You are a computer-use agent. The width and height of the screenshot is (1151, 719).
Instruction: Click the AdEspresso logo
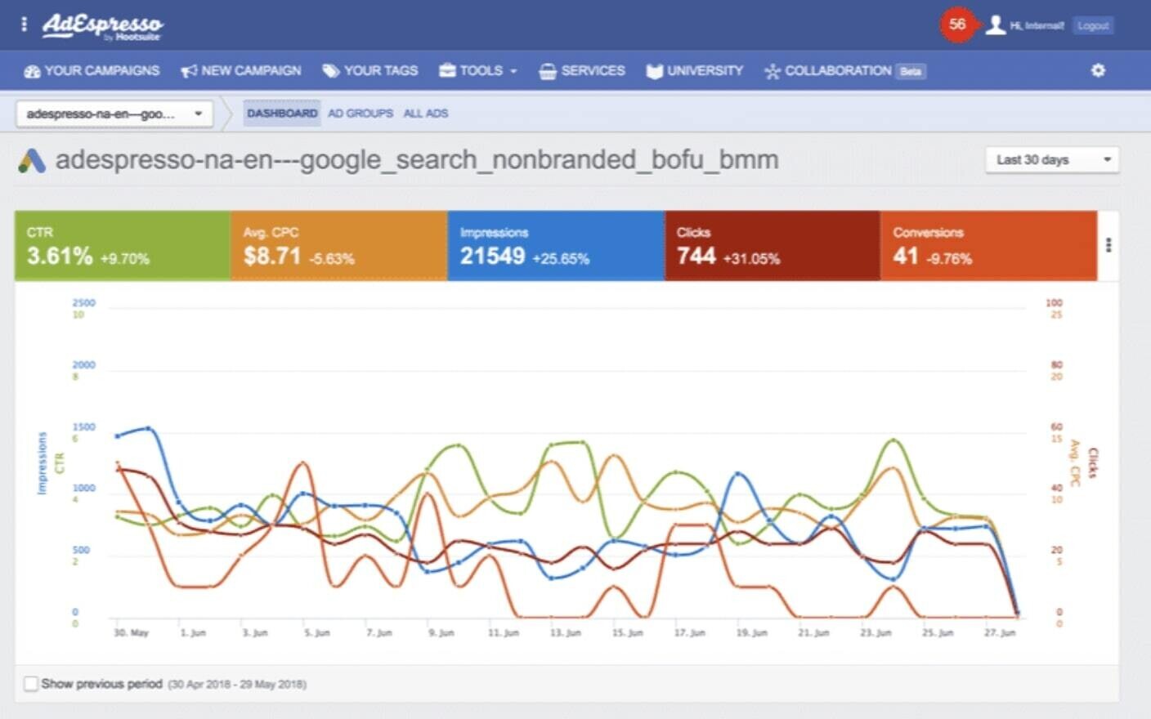(102, 25)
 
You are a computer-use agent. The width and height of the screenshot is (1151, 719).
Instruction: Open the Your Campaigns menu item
(92, 71)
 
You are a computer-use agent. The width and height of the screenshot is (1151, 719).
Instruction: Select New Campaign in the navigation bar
(241, 71)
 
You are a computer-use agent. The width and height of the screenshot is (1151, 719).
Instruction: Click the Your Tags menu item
(370, 71)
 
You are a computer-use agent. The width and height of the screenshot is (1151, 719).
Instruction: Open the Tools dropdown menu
(479, 71)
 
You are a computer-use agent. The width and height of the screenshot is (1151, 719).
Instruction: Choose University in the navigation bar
(695, 71)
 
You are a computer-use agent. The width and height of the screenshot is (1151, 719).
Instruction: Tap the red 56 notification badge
(957, 25)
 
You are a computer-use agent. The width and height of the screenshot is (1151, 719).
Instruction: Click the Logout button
(1093, 25)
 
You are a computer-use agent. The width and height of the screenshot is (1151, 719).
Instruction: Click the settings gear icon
(1098, 70)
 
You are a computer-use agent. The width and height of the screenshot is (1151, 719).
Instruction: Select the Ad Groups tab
(361, 114)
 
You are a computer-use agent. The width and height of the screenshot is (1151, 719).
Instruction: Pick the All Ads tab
(426, 114)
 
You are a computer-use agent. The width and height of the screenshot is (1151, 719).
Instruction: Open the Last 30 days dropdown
(1051, 159)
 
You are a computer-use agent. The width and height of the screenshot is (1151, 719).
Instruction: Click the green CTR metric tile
(123, 246)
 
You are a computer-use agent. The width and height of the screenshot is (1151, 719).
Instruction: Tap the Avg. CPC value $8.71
(272, 257)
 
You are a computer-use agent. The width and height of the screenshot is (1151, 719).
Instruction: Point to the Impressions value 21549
(492, 257)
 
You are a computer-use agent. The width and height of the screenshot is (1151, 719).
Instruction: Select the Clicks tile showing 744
(772, 246)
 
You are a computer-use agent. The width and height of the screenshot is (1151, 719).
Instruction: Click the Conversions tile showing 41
(988, 246)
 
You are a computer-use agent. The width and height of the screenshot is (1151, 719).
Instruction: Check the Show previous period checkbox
(31, 684)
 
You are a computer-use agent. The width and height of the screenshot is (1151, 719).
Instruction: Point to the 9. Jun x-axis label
(441, 633)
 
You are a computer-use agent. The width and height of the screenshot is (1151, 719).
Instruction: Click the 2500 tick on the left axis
(83, 303)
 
